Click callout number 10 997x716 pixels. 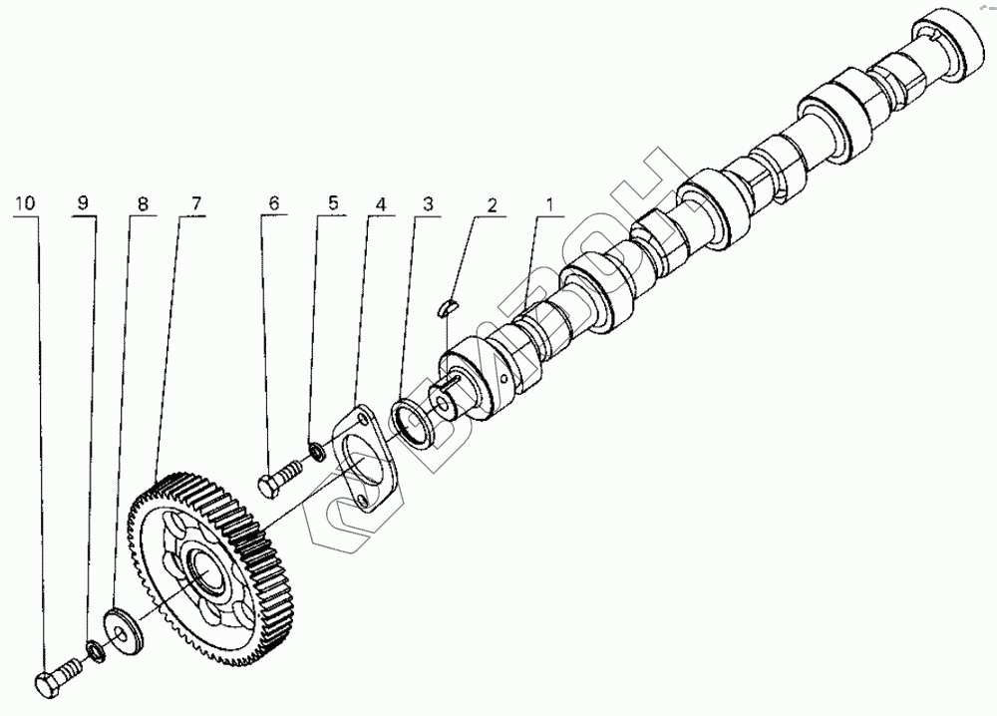[25, 202]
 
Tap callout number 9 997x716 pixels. [83, 202]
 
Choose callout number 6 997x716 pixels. [272, 202]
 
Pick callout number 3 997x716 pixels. [428, 204]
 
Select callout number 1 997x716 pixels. [547, 204]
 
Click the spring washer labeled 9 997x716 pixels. [97, 650]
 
